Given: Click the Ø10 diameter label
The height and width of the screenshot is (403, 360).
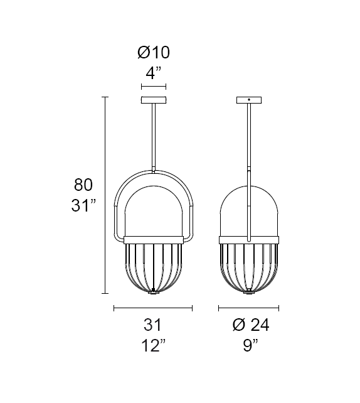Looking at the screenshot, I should [x=154, y=52].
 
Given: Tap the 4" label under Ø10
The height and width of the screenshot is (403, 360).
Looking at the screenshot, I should [x=154, y=72].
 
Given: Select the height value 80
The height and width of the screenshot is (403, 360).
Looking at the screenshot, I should [x=83, y=185].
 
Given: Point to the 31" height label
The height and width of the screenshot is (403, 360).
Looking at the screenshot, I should [x=83, y=205].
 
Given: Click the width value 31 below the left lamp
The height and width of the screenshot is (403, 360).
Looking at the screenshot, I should [x=153, y=325].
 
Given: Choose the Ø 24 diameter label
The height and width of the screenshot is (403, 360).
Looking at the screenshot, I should [x=250, y=325].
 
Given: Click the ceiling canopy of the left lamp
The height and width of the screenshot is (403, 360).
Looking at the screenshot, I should [x=154, y=100].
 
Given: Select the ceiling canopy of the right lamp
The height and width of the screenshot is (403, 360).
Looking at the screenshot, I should [x=249, y=100].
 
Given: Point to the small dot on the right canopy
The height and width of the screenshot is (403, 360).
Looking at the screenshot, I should [x=249, y=100].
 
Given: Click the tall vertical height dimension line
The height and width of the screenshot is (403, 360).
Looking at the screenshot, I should [x=105, y=195].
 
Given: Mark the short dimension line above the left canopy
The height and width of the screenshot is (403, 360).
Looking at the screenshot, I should [x=154, y=87].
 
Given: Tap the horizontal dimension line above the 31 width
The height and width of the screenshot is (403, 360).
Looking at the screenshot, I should [x=153, y=308].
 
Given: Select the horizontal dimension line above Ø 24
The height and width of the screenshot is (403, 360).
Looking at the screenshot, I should [x=249, y=308].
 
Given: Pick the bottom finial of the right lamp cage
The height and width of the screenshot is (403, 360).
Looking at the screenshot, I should [x=249, y=291].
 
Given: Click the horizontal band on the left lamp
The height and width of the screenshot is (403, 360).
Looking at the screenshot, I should [x=154, y=239].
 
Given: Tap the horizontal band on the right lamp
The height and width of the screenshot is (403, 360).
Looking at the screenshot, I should [x=249, y=239].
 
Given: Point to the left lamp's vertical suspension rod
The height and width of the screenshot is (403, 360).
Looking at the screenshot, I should [x=154, y=135].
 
